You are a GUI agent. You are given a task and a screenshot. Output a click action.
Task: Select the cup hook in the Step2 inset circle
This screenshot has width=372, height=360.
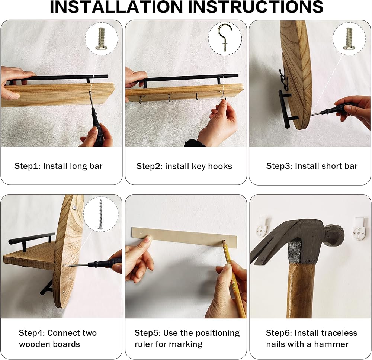(x=224, y=37)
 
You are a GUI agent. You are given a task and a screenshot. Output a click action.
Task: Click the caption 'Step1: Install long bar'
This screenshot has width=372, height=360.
(x=58, y=166)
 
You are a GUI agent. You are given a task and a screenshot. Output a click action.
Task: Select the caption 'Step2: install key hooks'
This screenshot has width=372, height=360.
(x=184, y=166)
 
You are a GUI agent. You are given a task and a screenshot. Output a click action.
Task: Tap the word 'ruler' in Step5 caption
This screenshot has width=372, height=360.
(x=144, y=344)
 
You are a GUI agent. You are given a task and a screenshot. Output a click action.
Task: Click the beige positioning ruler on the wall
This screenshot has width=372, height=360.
(x=185, y=238)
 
